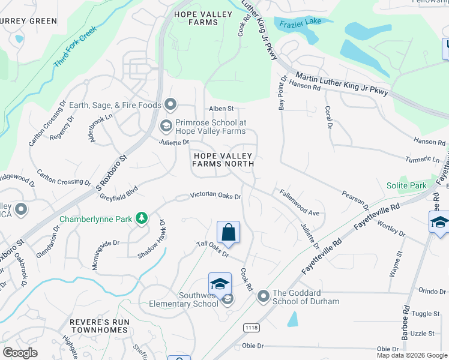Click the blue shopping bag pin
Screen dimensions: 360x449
pyautogui.click(x=228, y=232)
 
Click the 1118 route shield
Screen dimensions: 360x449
pyautogui.click(x=251, y=327)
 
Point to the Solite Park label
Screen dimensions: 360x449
pyautogui.click(x=406, y=186)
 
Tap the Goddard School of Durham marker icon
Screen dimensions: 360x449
pyautogui.click(x=263, y=296)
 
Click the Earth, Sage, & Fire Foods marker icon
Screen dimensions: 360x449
pyautogui.click(x=170, y=105)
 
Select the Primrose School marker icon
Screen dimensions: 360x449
pyautogui.click(x=166, y=126)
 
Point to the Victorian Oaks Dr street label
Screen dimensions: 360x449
pyautogui.click(x=215, y=196)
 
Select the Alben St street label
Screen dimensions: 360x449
pyautogui.click(x=220, y=109)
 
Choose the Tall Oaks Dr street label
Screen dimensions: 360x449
pyautogui.click(x=213, y=248)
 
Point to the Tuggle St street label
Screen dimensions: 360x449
pyautogui.click(x=426, y=314)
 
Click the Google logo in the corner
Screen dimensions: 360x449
pyautogui.click(x=20, y=353)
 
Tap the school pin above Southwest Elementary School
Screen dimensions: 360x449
pyautogui.click(x=220, y=284)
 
